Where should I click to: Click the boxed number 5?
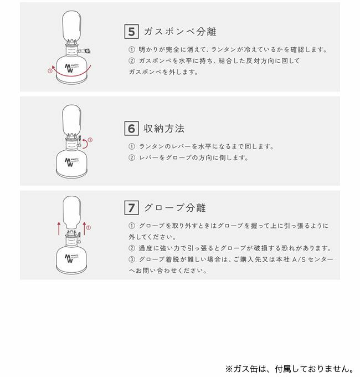(x=131, y=31)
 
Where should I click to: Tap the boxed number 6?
(x=131, y=129)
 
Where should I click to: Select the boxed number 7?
(x=131, y=208)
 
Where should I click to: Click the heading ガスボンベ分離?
(x=180, y=32)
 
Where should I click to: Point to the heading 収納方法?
(x=164, y=129)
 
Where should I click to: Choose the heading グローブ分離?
(x=175, y=208)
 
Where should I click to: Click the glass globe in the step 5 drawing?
(x=71, y=26)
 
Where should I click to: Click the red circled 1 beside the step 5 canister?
(x=50, y=71)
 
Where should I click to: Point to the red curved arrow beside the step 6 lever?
(x=85, y=143)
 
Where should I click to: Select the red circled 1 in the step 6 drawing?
(x=90, y=140)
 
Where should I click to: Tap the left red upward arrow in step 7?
(x=59, y=228)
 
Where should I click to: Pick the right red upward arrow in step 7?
(x=84, y=228)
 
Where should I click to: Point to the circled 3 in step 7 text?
(x=132, y=259)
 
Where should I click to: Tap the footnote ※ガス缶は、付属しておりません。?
(x=290, y=369)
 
